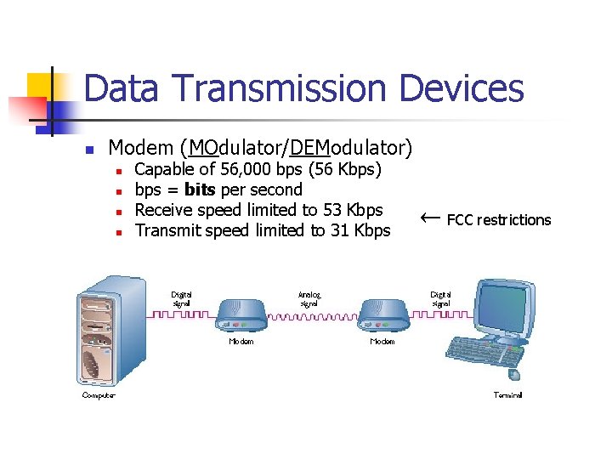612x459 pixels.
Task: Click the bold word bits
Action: [x=200, y=190]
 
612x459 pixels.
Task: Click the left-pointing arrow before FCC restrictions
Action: [x=431, y=218]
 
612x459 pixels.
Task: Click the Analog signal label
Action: [x=309, y=299]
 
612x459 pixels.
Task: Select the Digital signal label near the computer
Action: [x=181, y=299]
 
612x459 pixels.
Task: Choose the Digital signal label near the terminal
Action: [x=440, y=299]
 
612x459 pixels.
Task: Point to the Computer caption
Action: [x=99, y=395]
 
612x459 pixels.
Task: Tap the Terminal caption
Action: [x=508, y=395]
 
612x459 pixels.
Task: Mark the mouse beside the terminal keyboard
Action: [x=513, y=373]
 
